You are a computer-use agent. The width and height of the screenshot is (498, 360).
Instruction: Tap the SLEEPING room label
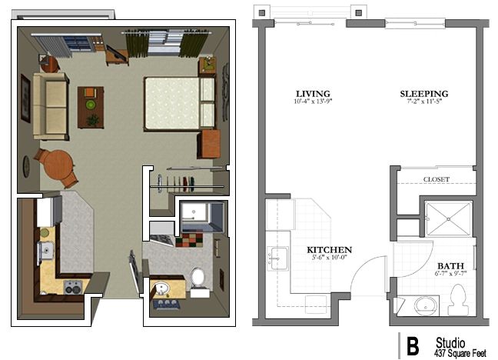tap(423, 95)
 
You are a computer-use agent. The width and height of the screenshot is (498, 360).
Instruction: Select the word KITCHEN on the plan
tap(329, 250)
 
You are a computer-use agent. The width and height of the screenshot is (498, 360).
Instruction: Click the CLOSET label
tap(436, 179)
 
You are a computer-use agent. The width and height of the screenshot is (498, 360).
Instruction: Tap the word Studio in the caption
tap(450, 341)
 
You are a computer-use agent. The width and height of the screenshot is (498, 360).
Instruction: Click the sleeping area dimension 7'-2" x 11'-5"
tap(423, 102)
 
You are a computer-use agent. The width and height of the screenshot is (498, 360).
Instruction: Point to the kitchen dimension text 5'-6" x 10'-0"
tap(329, 258)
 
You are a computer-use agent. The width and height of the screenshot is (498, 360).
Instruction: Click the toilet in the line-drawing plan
tap(458, 300)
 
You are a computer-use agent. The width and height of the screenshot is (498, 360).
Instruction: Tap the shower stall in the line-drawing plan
tap(448, 218)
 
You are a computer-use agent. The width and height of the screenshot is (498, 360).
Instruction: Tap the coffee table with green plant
tap(91, 106)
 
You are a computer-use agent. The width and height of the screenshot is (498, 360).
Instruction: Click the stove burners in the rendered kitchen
tap(71, 288)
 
